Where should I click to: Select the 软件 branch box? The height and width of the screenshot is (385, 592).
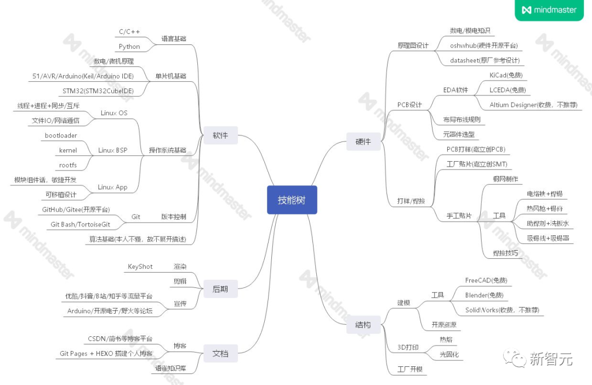(220, 135)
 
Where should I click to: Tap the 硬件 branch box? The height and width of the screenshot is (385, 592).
(363, 141)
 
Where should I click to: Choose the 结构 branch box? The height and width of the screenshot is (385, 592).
(363, 325)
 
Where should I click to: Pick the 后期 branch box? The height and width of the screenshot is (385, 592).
(220, 288)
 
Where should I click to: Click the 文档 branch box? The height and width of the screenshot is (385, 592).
(220, 354)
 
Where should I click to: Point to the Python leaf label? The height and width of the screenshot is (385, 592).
(129, 47)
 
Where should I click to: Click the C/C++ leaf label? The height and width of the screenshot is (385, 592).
(129, 32)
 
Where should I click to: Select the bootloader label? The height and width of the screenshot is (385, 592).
(61, 135)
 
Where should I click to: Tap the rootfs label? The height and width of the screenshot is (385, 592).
(68, 165)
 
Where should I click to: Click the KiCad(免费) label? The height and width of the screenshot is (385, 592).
(506, 75)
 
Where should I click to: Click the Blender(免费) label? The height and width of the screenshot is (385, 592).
(484, 295)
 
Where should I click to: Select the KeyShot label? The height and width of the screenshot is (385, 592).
(140, 267)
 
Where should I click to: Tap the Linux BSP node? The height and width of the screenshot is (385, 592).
(112, 150)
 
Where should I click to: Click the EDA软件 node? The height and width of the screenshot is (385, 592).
(456, 90)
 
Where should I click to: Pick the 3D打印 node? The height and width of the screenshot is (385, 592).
(408, 347)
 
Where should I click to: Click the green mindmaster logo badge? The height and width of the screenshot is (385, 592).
(549, 10)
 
